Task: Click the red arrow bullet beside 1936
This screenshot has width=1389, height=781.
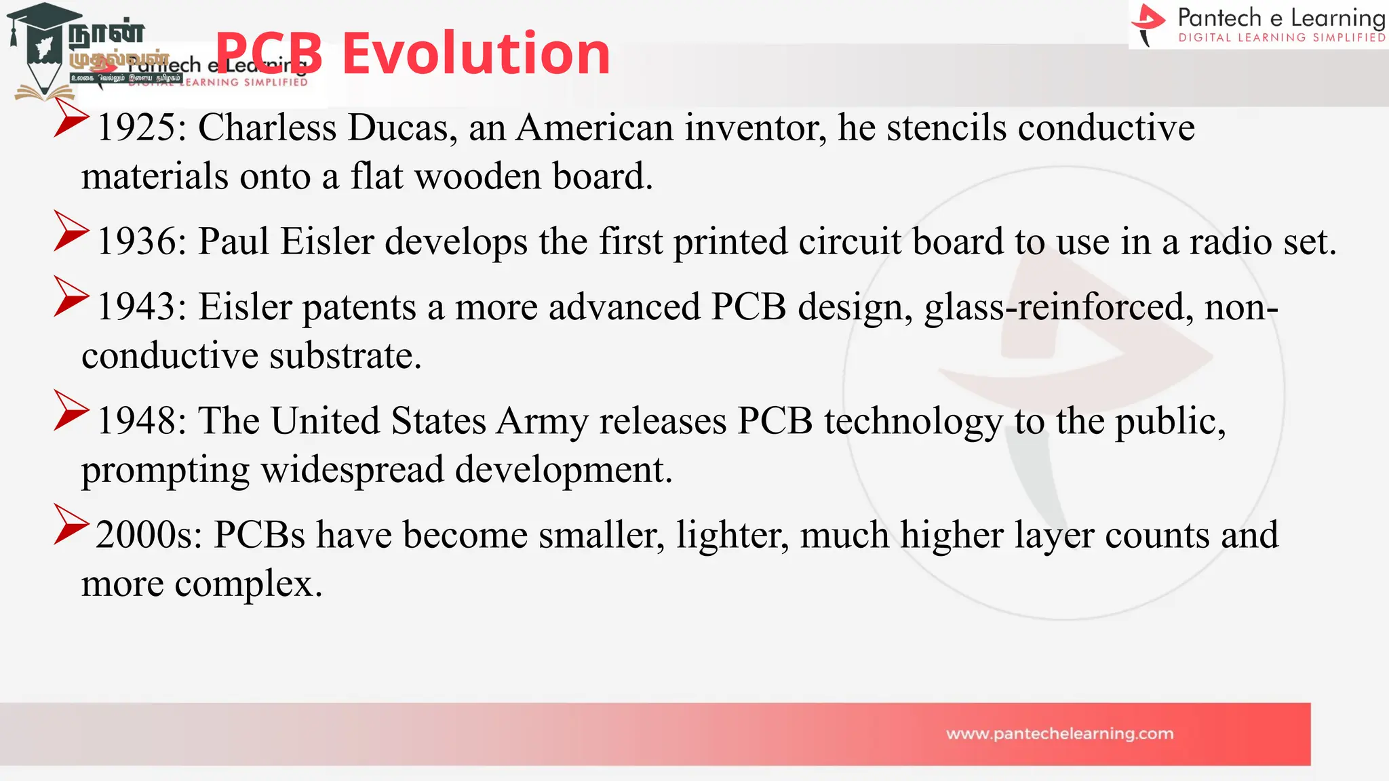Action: [71, 232]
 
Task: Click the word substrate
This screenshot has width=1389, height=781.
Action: [345, 357]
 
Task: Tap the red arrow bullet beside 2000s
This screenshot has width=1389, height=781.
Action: [71, 525]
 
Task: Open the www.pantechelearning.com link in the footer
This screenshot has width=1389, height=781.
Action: [1059, 734]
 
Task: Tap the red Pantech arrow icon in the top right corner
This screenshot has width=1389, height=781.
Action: [1149, 24]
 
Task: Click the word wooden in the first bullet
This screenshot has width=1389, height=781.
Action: [477, 177]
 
